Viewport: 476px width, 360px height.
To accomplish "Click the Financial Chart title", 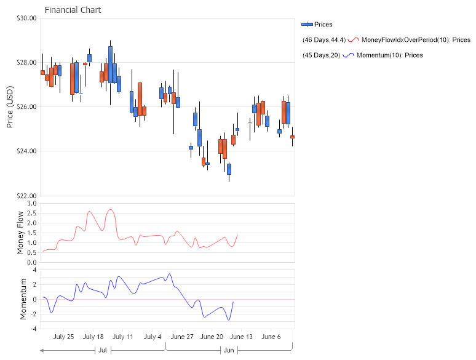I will pos(73,10).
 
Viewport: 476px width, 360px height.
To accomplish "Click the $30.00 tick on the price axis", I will pos(26,18).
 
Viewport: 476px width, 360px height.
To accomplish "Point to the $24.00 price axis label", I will pos(26,151).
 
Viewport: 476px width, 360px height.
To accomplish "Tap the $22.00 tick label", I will pos(26,196).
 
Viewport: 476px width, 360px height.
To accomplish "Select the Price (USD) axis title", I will pos(10,106).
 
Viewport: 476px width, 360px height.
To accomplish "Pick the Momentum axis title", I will pos(24,299).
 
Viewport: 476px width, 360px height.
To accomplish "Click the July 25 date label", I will pos(63,337).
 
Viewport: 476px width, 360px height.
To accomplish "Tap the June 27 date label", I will pos(182,337).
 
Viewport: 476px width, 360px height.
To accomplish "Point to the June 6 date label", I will pos(271,337).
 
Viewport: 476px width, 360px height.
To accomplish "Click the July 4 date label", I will pos(153,337).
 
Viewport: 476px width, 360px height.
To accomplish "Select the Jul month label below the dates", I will pos(103,350).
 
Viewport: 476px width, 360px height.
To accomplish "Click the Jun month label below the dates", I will pos(229,350).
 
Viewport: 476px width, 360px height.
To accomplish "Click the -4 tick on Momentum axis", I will pos(34,329).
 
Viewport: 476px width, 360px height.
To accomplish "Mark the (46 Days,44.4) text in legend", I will pos(324,40).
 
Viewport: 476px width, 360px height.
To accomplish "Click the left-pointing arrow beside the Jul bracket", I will pos(42,350).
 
